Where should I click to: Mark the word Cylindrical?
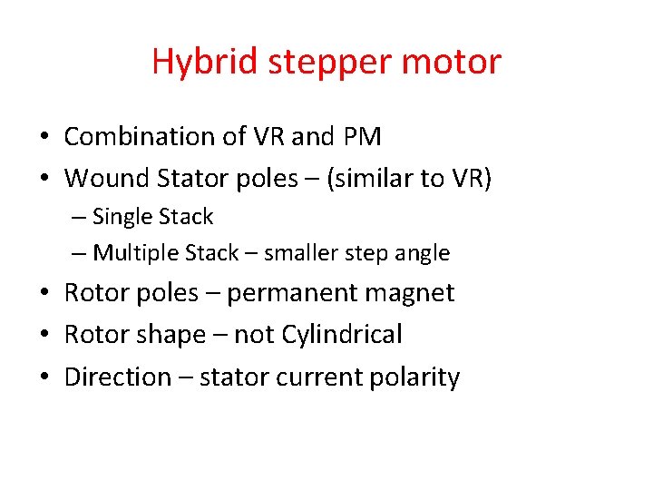342,336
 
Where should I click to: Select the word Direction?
118,377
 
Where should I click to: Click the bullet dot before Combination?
44,138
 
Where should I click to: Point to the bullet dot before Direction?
44,377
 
